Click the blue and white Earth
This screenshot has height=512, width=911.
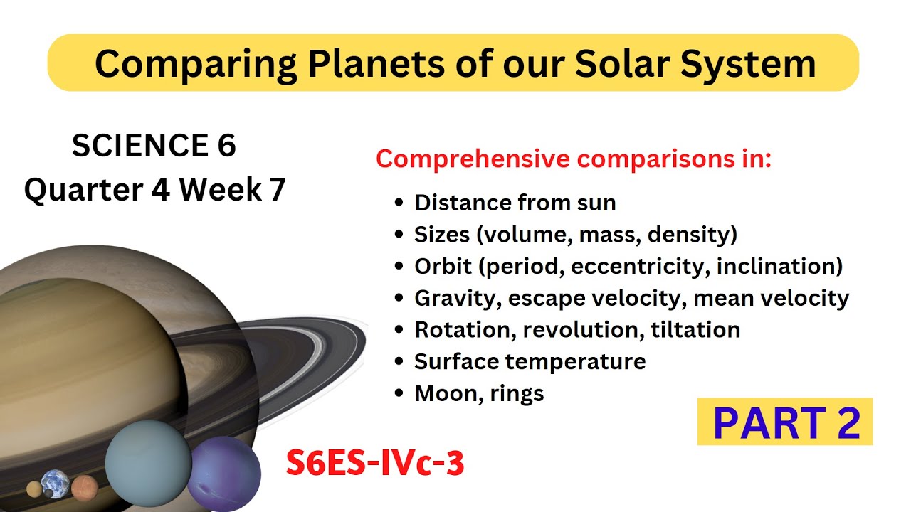coord(55,484)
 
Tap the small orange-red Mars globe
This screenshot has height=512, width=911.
coord(85,487)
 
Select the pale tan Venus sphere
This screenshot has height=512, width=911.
coord(34,489)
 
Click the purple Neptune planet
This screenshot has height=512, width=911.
coord(224,474)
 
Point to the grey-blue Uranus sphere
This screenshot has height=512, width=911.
coord(149,463)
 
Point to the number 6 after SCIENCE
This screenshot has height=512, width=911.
coord(226,146)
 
